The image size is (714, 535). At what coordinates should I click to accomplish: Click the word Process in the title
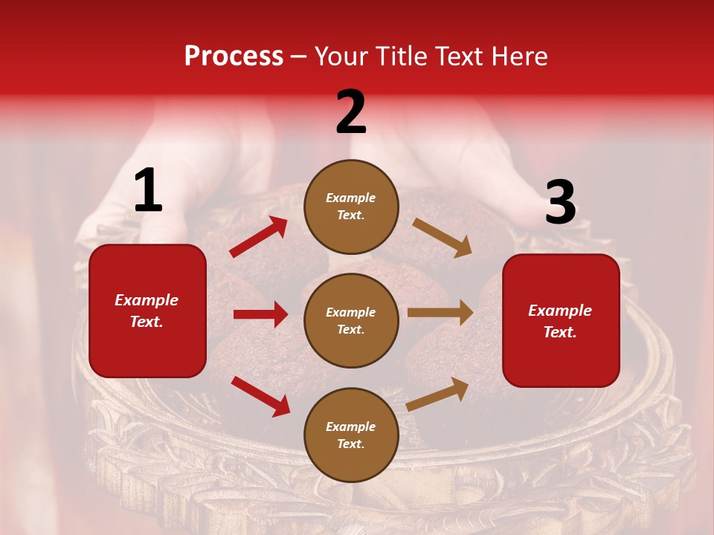coord(234,56)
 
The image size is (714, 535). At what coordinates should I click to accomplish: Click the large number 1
coord(148,191)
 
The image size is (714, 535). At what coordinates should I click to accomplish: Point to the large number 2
coord(351,112)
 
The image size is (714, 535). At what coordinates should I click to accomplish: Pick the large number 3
coord(560,203)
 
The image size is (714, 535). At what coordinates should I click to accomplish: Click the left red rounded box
coord(147,311)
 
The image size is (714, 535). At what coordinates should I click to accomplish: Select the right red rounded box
coord(561,321)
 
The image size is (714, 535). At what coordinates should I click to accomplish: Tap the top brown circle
coord(351,207)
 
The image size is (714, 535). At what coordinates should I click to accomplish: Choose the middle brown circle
coord(351,321)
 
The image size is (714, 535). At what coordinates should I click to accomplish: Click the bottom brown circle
coord(351,435)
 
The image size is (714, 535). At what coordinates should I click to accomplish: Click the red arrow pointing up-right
coord(258,237)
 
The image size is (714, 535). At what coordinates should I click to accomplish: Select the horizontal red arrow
coord(260,314)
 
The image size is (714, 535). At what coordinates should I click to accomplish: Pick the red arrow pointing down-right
coord(260,396)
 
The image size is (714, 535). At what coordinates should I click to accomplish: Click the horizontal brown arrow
coord(440,313)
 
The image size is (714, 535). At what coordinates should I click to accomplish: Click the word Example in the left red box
coord(147,300)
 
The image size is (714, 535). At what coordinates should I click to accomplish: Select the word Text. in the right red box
coord(560,332)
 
